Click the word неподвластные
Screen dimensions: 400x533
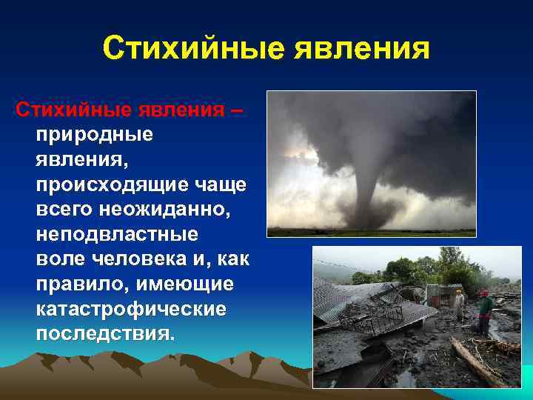pyautogui.click(x=116, y=236)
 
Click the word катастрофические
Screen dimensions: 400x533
pyautogui.click(x=130, y=310)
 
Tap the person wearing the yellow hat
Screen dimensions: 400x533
pyautogui.click(x=460, y=304)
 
